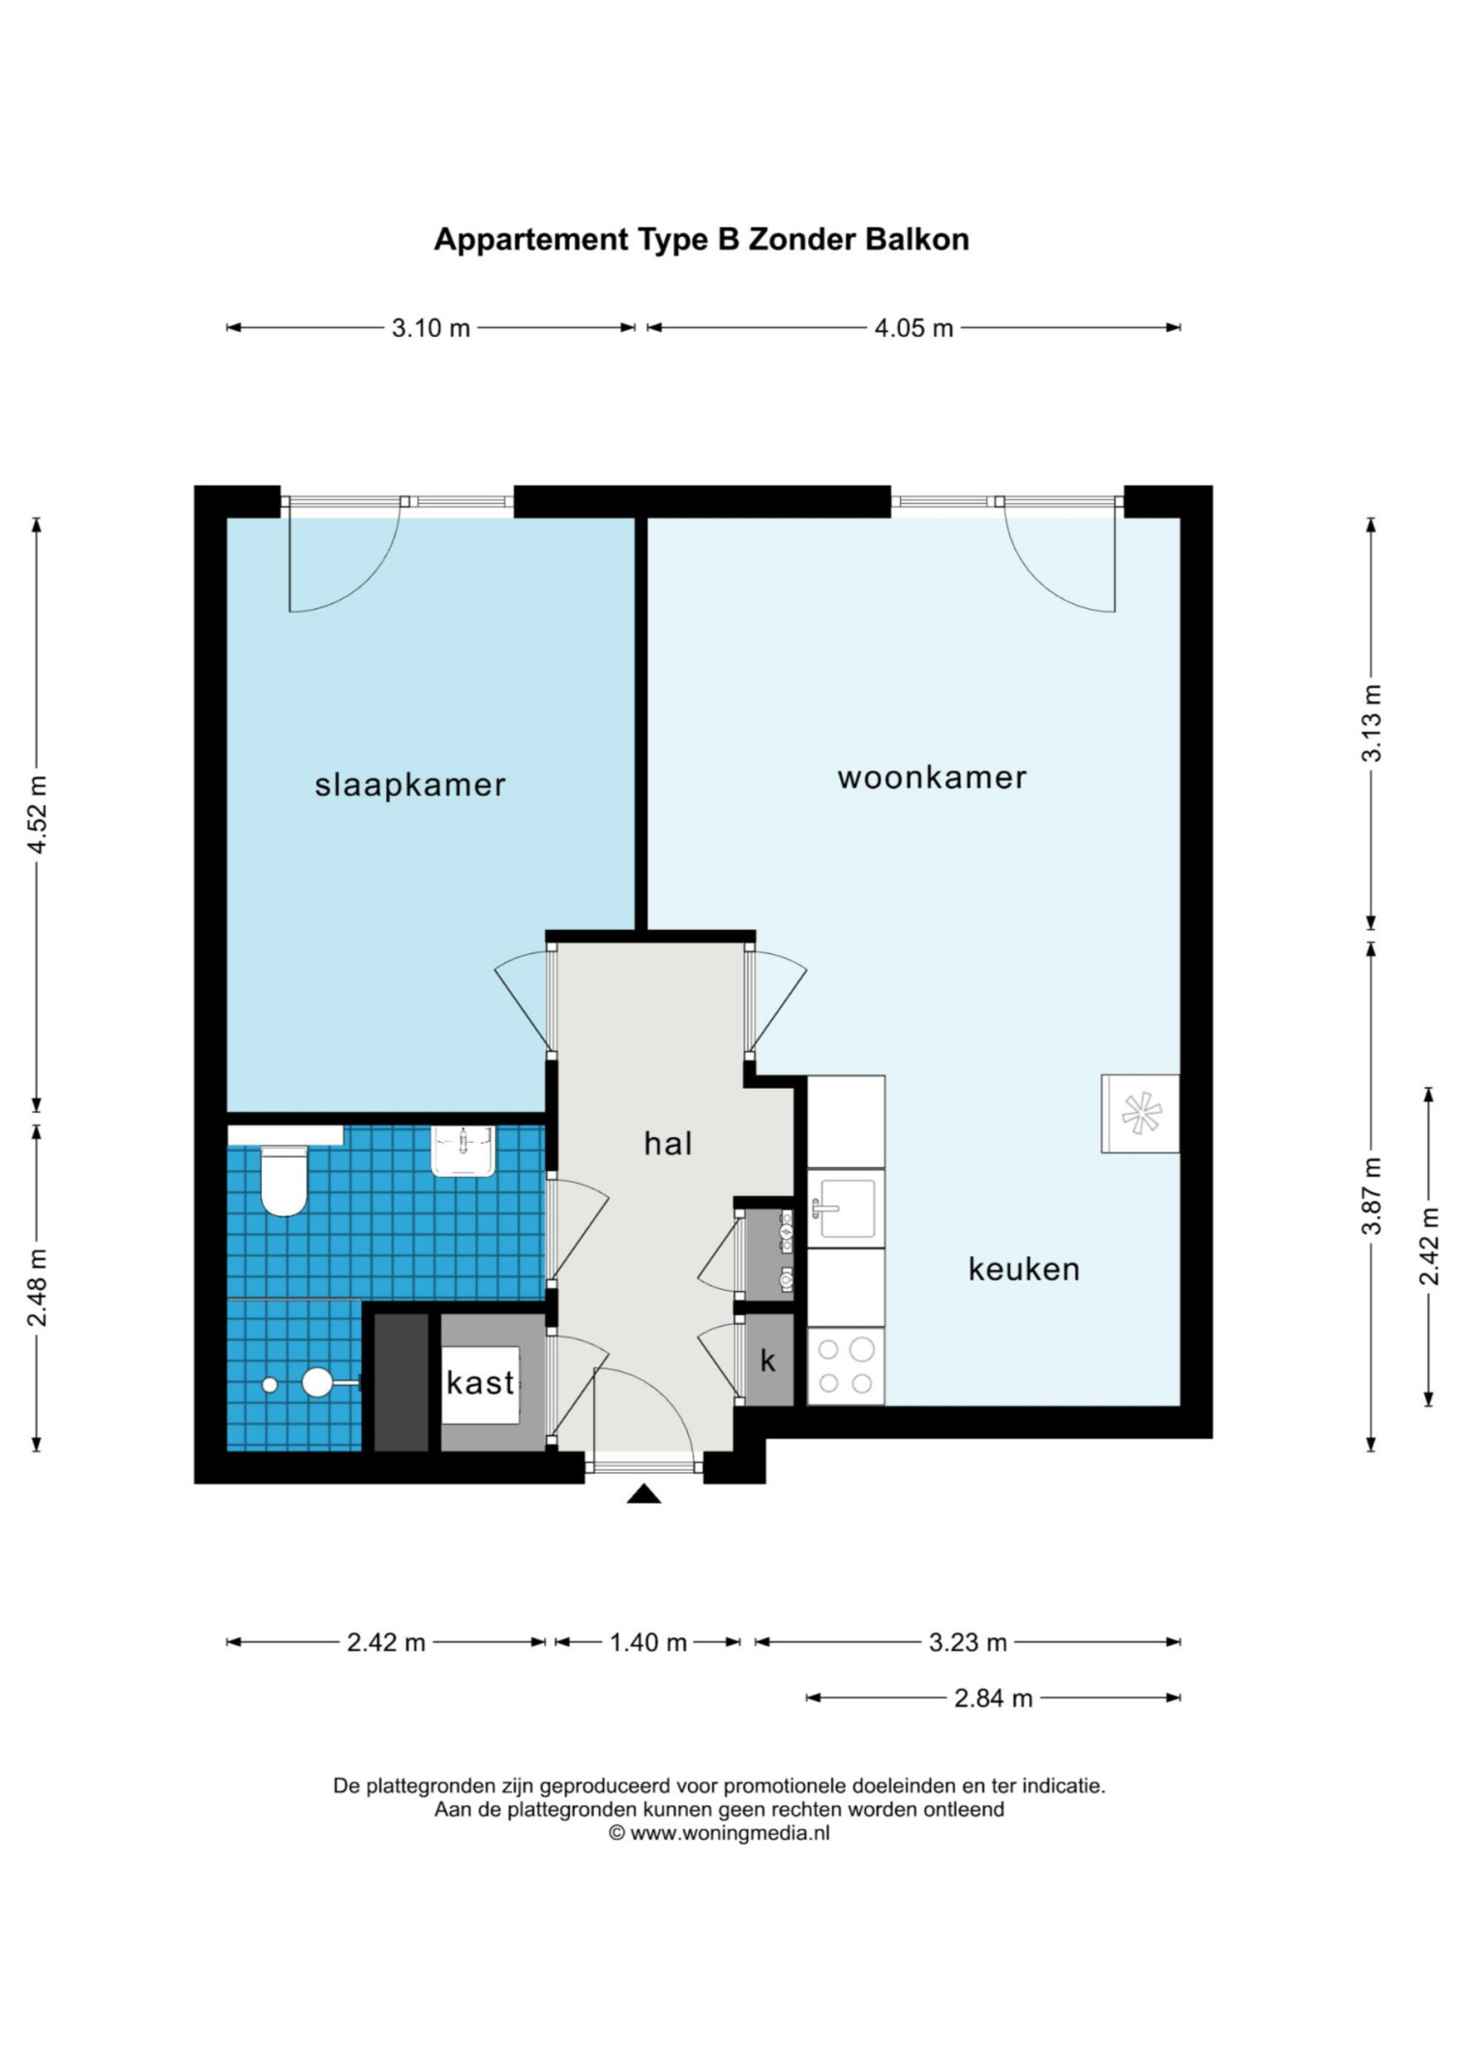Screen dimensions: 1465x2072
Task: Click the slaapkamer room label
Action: [409, 785]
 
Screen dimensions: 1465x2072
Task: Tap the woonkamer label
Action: [932, 778]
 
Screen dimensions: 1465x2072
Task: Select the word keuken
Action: [1024, 1269]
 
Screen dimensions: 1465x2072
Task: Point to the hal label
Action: [668, 1144]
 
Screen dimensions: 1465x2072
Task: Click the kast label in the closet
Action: [480, 1383]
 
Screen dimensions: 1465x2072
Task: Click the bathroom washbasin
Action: [463, 1151]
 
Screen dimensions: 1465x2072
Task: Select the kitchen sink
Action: [845, 1209]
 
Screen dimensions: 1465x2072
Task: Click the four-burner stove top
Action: [846, 1366]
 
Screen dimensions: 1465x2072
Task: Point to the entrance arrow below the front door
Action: [643, 1494]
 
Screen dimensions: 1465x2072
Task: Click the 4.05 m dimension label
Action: [913, 328]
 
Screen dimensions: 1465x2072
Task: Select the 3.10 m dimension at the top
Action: [431, 328]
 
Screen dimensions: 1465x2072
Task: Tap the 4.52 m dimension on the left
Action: [38, 815]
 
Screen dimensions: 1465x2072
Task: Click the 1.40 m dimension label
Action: [648, 1642]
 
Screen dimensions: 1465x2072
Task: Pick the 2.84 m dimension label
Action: [994, 1698]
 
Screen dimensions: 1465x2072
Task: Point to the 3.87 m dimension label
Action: [1372, 1195]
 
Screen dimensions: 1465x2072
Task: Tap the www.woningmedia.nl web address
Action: [731, 1832]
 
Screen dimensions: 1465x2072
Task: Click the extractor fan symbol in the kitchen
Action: [1141, 1113]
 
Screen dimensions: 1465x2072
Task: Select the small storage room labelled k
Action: [768, 1360]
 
